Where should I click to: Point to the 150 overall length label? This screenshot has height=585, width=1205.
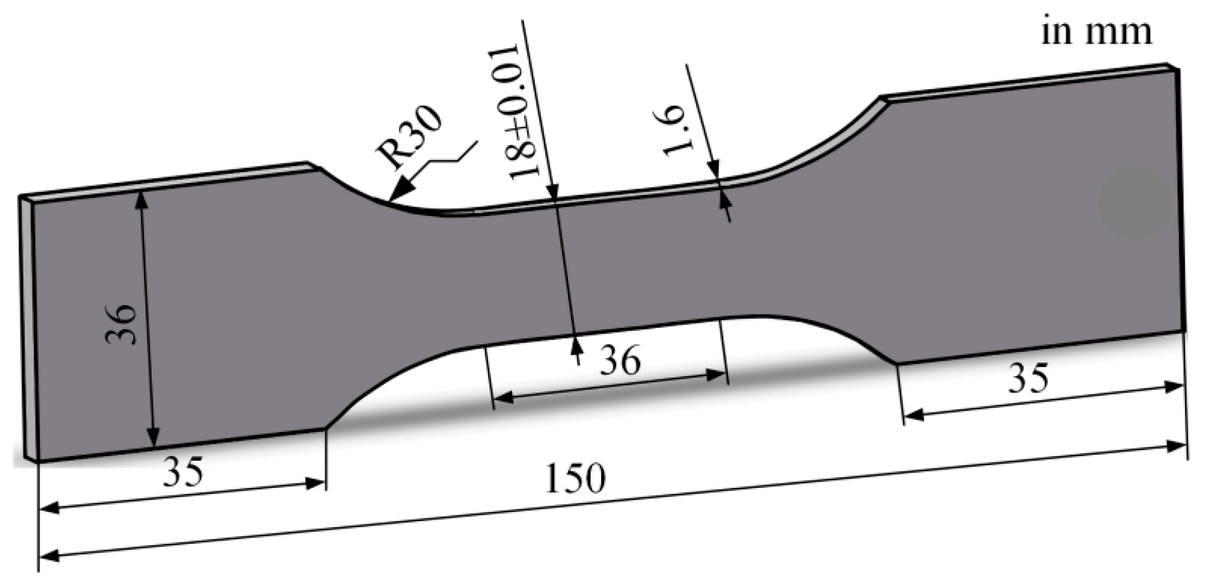click(x=576, y=478)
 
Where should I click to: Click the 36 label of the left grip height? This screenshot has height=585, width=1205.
click(x=121, y=324)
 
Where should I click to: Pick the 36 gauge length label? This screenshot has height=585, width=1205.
click(x=620, y=360)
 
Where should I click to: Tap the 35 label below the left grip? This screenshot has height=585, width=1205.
click(x=183, y=471)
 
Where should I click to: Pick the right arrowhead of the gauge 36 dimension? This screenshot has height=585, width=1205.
click(x=716, y=375)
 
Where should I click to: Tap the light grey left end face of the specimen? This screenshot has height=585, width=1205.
click(x=28, y=327)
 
